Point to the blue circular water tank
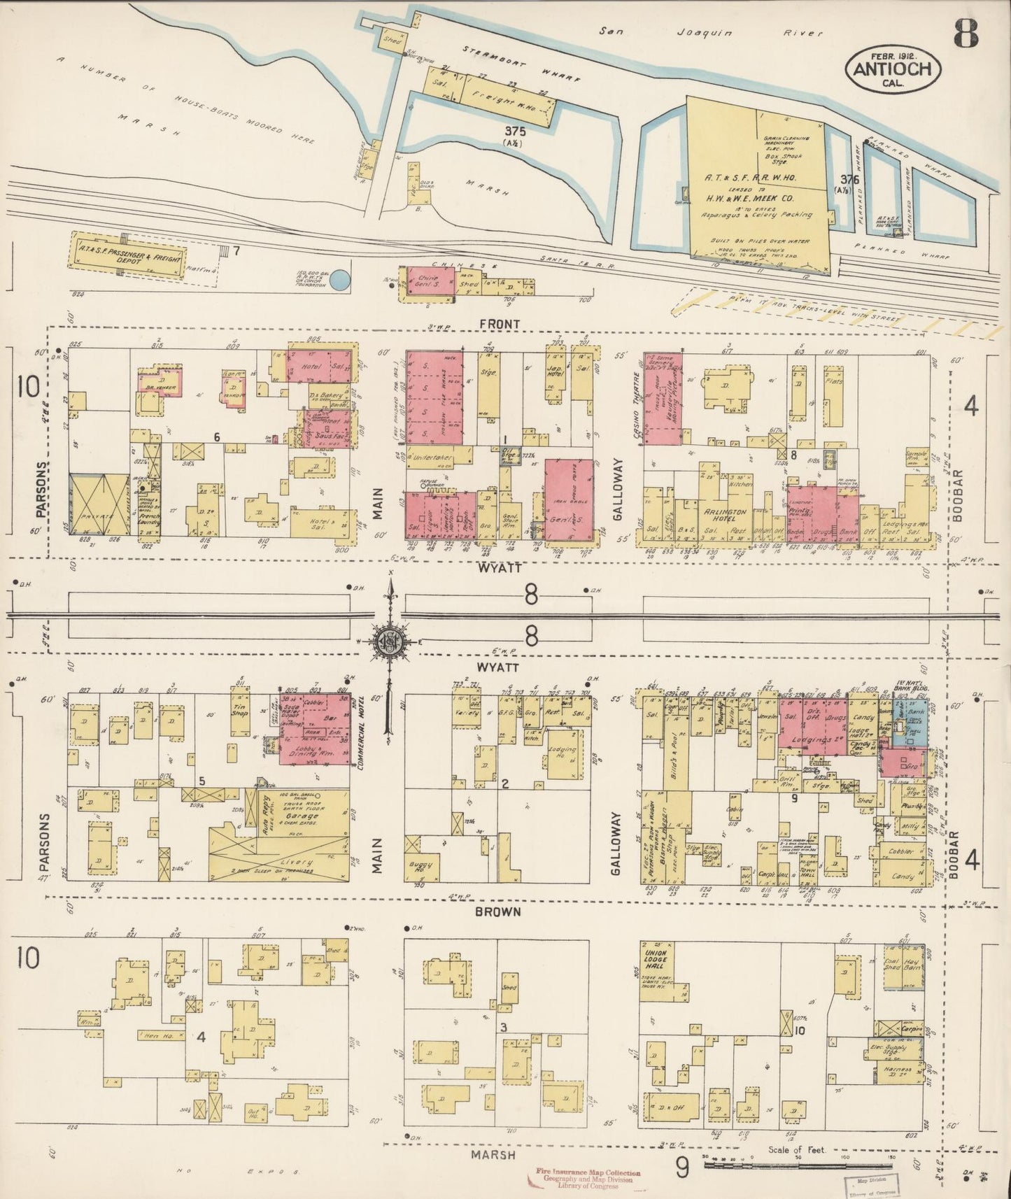coord(339,281)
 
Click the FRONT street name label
coord(500,324)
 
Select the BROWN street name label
coord(499,912)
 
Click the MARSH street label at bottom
coord(497,1155)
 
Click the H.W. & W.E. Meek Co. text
coord(759,198)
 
